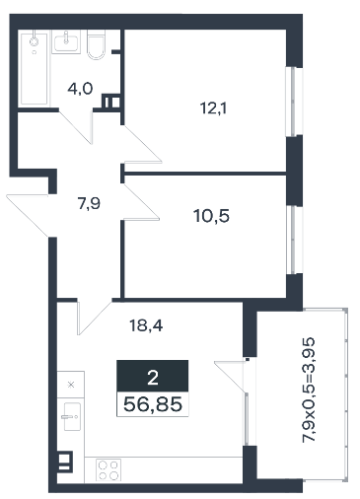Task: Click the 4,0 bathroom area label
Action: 80,89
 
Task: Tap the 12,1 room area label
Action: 214,108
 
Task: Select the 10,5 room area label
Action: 212,216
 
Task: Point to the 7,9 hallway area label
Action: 89,203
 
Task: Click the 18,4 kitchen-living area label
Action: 146,325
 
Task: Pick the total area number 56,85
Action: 153,404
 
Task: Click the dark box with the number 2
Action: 153,376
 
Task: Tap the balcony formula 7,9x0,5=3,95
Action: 309,390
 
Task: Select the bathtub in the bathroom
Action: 35,68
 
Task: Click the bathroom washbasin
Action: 66,42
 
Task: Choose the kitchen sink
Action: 72,416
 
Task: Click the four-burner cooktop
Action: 108,470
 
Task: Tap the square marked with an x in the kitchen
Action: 71,385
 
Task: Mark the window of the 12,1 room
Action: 294,102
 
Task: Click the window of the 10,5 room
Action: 294,240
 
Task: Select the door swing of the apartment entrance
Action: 29,215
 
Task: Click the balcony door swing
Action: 231,377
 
